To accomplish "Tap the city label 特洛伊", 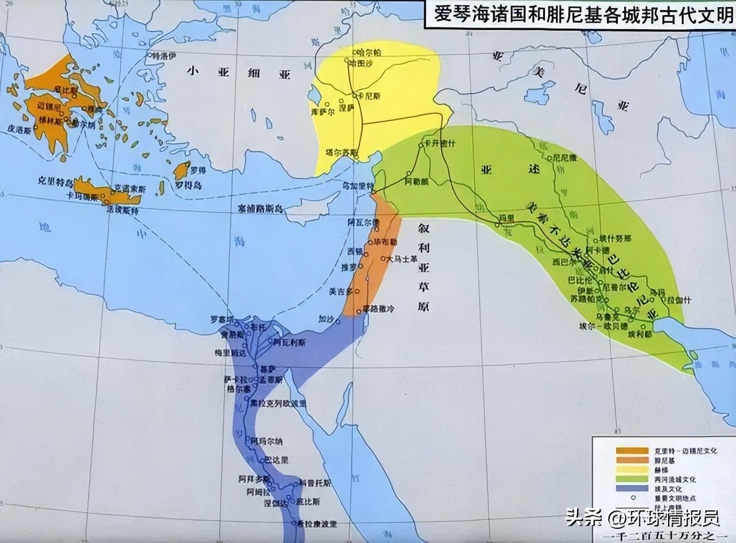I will click(x=163, y=56).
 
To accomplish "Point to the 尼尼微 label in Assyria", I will click(x=564, y=158).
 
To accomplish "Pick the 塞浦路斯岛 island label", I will click(x=261, y=208).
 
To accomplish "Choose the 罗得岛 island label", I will click(x=188, y=186).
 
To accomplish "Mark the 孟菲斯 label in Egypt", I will click(x=270, y=380).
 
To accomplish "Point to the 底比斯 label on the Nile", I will click(x=308, y=501).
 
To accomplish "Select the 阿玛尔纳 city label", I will click(x=267, y=441).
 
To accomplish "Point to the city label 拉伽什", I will click(x=678, y=300).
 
